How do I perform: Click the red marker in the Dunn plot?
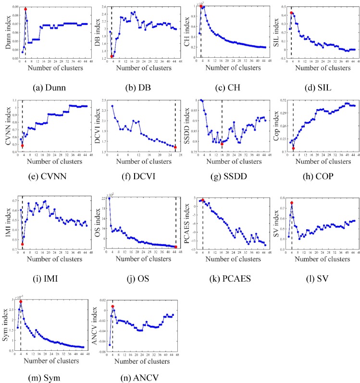[25, 9]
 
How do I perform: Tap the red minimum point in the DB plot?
[112, 56]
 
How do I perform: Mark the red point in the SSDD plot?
[222, 144]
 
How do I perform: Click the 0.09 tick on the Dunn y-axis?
[13, 7]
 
